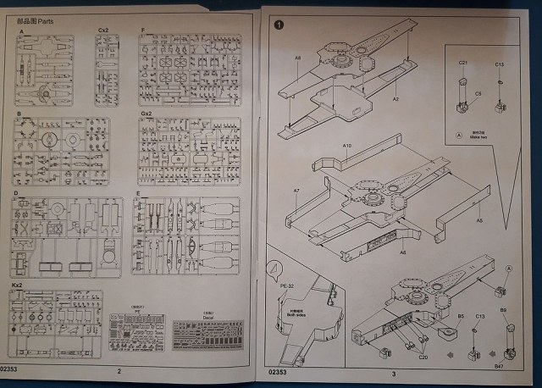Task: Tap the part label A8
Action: coord(298,58)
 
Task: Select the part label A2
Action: coord(395,99)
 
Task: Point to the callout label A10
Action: coord(347,146)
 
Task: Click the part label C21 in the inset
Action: coord(463,64)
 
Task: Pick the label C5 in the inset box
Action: coord(478,93)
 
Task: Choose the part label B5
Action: coord(462,316)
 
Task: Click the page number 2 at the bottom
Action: coord(119,372)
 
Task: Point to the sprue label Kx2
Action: coord(17,287)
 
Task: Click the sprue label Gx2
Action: coord(146,113)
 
